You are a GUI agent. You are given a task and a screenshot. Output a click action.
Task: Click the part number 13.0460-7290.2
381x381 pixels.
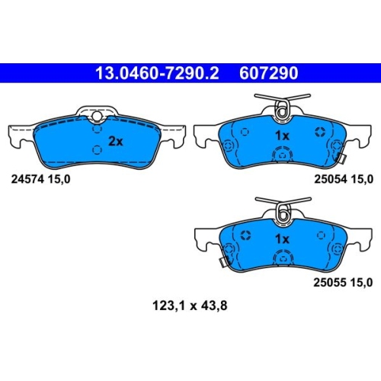(x=157, y=73)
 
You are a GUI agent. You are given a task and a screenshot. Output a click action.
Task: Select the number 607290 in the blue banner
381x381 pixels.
(x=268, y=73)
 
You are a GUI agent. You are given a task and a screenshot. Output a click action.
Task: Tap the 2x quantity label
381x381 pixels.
(x=116, y=141)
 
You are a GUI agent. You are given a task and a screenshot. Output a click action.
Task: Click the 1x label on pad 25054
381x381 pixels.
(x=282, y=136)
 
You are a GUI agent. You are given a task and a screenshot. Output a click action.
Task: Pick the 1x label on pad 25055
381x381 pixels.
(x=282, y=239)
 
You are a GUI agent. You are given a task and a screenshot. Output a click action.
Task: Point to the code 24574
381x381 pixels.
(x=27, y=179)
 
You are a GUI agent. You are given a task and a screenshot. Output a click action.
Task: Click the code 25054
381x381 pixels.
(x=331, y=179)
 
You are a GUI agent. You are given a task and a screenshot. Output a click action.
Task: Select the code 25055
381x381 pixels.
(x=330, y=283)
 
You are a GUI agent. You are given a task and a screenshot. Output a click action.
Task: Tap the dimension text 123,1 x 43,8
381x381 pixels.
(x=190, y=306)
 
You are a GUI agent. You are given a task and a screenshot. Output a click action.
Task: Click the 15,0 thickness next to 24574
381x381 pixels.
(x=59, y=180)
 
